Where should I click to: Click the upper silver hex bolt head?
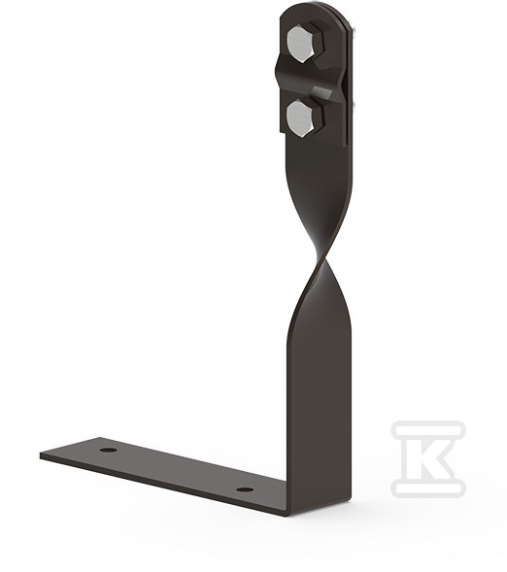click(x=300, y=44)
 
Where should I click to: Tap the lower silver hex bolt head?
click(x=300, y=119)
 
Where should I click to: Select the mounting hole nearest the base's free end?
click(x=109, y=449)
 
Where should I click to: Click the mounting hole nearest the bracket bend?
click(x=245, y=489)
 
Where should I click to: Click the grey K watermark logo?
click(x=428, y=458)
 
